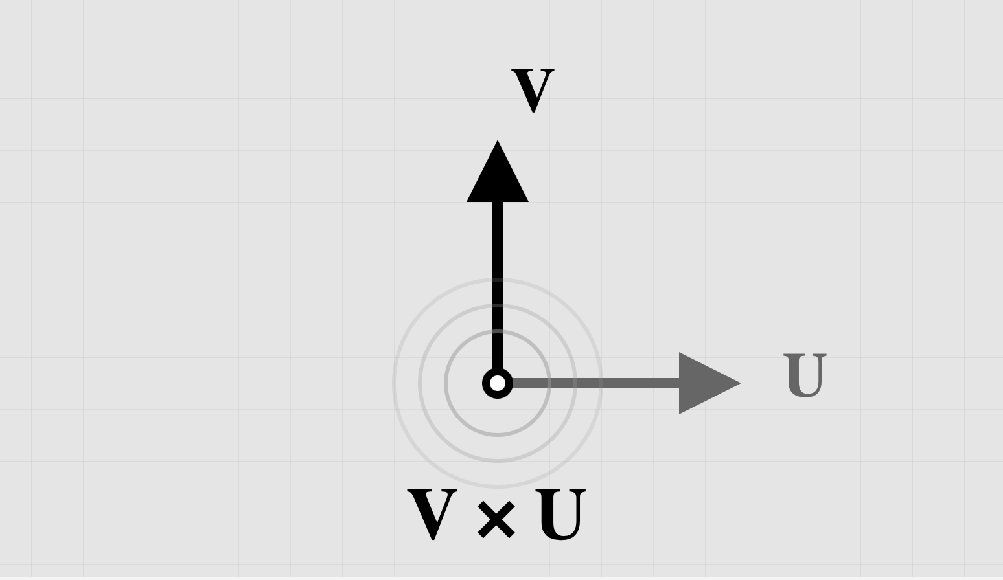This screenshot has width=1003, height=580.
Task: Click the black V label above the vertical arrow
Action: click(533, 91)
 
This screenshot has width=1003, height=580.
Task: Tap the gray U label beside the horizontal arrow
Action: click(805, 375)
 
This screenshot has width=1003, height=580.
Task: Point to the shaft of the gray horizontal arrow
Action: click(595, 383)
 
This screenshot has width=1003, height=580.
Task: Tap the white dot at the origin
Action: click(498, 383)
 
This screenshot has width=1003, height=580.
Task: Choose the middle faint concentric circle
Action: click(498, 461)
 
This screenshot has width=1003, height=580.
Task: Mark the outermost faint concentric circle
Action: click(498, 487)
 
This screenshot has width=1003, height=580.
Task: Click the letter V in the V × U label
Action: click(433, 514)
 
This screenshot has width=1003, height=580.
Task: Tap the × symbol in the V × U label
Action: click(496, 519)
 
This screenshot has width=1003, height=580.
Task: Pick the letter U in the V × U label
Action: click(561, 515)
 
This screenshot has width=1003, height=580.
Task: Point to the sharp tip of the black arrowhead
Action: click(498, 140)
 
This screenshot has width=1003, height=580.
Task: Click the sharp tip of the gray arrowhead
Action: click(741, 383)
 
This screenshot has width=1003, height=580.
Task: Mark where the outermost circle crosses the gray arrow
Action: click(601, 383)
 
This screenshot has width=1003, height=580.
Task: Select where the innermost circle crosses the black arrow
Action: click(498, 331)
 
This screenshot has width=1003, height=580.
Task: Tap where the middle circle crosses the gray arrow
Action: click(575, 383)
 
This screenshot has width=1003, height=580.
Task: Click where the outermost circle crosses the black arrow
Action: click(498, 280)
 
